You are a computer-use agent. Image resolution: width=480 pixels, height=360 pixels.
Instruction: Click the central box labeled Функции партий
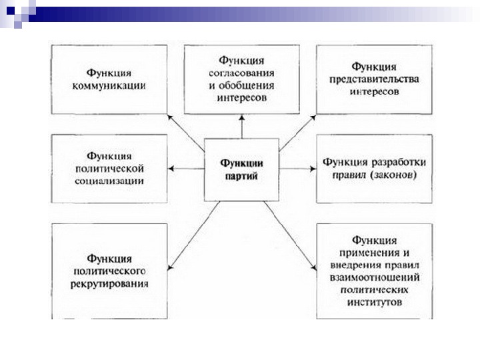[x=242, y=170]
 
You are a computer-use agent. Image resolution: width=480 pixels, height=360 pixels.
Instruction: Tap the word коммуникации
[x=109, y=86]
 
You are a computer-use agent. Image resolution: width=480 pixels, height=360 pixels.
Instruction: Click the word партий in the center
[x=242, y=176]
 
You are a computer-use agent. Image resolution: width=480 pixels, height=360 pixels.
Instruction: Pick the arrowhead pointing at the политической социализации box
[x=172, y=169]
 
